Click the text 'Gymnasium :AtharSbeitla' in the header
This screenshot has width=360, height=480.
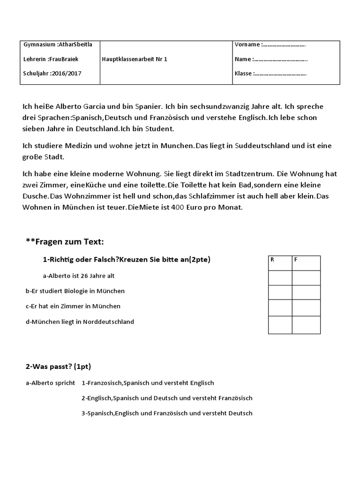tap(58, 45)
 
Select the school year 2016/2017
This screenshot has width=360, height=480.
tap(67, 74)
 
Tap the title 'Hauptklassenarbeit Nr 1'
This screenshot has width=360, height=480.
tap(135, 59)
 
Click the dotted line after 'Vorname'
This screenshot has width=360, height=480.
tap(284, 45)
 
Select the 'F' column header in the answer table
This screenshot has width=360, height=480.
tap(296, 259)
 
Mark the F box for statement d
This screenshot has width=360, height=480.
tap(306, 325)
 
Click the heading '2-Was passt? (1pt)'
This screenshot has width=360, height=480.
tap(61, 366)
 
